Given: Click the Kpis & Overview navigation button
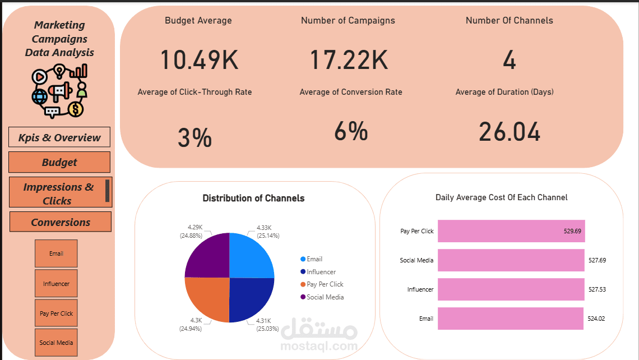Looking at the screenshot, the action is pyautogui.click(x=59, y=137).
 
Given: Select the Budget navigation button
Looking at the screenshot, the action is pyautogui.click(x=59, y=162).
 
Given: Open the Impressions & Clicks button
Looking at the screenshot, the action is pyautogui.click(x=61, y=192).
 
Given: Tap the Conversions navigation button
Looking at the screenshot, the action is pyautogui.click(x=61, y=222).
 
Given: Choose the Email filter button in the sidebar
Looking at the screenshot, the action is pyautogui.click(x=56, y=253).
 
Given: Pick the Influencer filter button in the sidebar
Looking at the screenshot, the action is pyautogui.click(x=56, y=283).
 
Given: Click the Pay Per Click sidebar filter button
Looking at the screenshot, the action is pyautogui.click(x=56, y=313).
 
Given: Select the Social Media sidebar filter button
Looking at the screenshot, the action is pyautogui.click(x=56, y=343).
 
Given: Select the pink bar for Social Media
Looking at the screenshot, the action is pyautogui.click(x=511, y=260).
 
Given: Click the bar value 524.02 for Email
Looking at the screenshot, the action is pyautogui.click(x=596, y=319).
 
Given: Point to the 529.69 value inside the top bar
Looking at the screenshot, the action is pyautogui.click(x=572, y=231).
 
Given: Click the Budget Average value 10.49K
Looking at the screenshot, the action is pyautogui.click(x=199, y=59).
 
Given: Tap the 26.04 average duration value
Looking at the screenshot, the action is pyautogui.click(x=510, y=132).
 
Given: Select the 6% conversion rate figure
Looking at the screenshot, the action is pyautogui.click(x=351, y=131).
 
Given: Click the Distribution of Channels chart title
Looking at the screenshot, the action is pyautogui.click(x=253, y=198).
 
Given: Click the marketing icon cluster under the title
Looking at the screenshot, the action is pyautogui.click(x=59, y=91).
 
